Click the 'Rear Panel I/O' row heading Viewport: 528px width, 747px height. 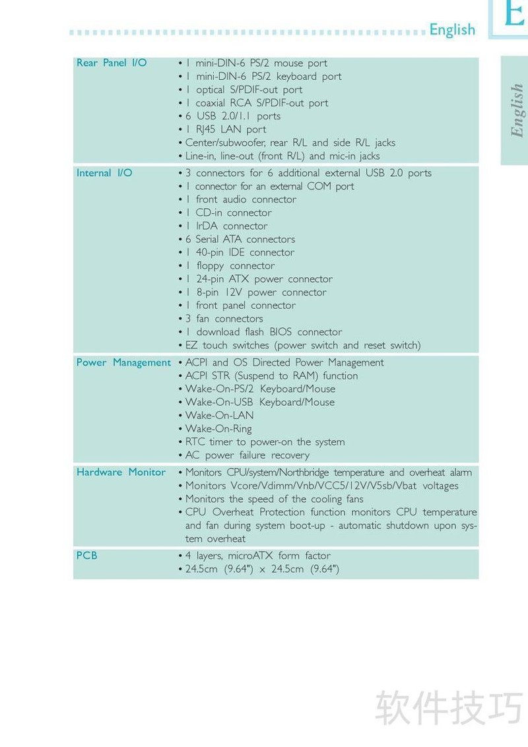click(x=112, y=63)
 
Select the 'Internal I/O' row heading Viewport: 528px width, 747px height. click(x=104, y=173)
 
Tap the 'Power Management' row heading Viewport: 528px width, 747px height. click(x=123, y=362)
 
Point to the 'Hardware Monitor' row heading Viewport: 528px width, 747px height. click(x=121, y=472)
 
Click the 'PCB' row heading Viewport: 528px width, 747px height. click(x=86, y=556)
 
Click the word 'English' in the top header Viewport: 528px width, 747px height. click(x=452, y=30)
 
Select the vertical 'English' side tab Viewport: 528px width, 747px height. click(x=517, y=111)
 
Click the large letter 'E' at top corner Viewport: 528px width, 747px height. click(x=513, y=15)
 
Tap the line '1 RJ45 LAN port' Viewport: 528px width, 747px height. click(x=226, y=129)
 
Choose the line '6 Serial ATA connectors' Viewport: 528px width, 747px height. click(x=240, y=239)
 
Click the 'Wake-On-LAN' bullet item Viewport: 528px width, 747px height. click(x=219, y=415)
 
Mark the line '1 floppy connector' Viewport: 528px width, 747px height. click(x=230, y=265)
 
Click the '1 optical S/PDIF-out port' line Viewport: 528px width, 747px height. click(x=244, y=90)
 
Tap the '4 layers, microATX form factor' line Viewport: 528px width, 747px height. click(x=258, y=556)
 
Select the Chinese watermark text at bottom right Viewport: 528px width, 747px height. click(x=449, y=706)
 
